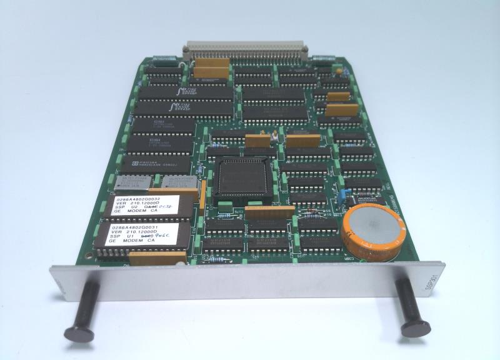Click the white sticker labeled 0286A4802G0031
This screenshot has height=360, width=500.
141,235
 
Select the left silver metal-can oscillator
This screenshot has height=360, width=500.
131,182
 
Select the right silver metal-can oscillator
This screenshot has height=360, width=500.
179,181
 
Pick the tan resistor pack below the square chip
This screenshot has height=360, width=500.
269,212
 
